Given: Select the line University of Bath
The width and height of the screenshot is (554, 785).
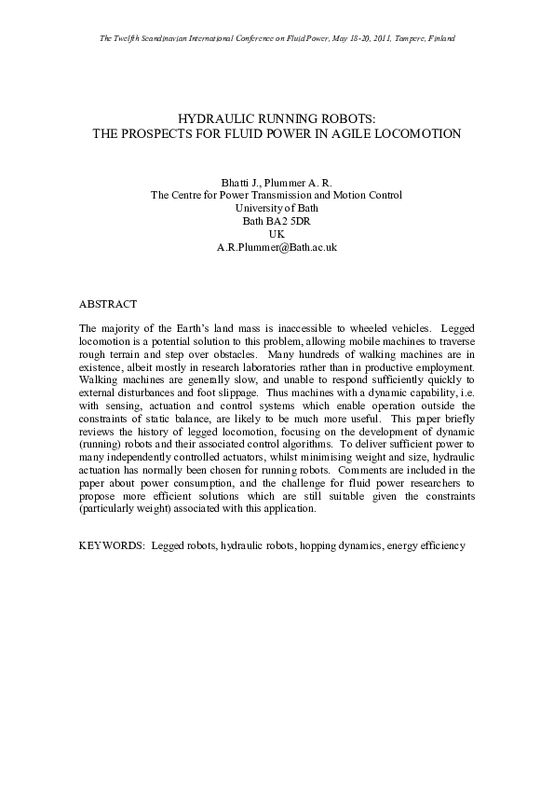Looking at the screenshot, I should [277, 209].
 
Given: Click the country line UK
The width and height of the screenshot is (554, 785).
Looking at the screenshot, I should [277, 235].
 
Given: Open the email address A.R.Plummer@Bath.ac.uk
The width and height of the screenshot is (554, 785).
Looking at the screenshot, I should [277, 248].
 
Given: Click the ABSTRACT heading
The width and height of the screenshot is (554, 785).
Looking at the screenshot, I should [108, 304].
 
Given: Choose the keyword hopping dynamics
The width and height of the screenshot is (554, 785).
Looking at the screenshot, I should [335, 544].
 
